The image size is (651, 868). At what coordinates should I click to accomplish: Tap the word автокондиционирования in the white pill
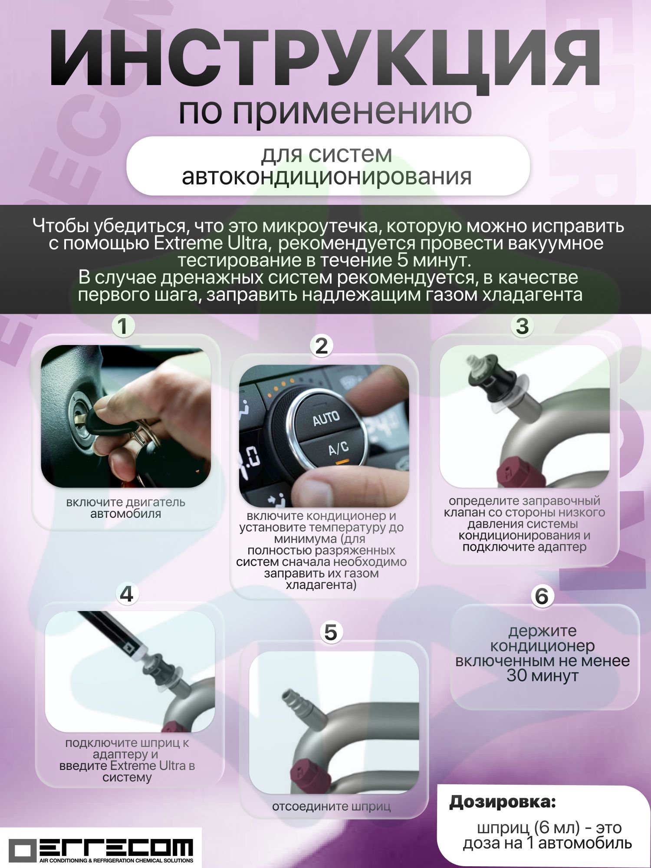click(x=326, y=177)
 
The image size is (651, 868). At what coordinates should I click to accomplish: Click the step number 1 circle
click(x=123, y=326)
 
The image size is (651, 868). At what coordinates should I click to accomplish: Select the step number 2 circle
click(x=321, y=346)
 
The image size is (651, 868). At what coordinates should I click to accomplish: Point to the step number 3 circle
click(x=522, y=326)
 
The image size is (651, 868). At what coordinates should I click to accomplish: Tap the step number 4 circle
click(x=127, y=594)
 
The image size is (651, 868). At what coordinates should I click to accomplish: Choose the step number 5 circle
click(x=331, y=632)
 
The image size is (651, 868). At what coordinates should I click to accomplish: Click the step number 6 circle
click(x=542, y=596)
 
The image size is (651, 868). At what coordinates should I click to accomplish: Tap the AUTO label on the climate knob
click(x=326, y=419)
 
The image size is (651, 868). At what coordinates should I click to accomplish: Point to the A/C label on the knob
click(x=338, y=448)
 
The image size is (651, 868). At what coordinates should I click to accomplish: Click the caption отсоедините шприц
click(x=332, y=806)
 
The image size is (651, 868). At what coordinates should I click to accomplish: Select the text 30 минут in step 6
click(x=542, y=676)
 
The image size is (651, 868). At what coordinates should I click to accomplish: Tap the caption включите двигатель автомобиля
click(x=125, y=508)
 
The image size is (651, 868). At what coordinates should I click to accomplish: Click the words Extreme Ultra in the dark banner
click(x=211, y=243)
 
